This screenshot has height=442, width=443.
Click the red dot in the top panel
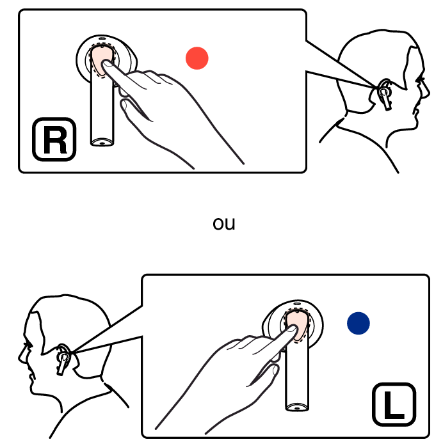click(197, 58)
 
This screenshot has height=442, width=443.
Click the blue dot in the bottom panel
click(358, 323)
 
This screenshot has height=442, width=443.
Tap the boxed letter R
click(54, 139)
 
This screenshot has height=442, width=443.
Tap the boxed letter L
click(394, 404)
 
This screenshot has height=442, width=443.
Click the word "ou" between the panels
click(224, 223)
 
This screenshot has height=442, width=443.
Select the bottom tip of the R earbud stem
click(102, 143)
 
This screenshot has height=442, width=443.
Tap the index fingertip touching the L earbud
click(292, 329)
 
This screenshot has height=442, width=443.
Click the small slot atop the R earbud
click(102, 38)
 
